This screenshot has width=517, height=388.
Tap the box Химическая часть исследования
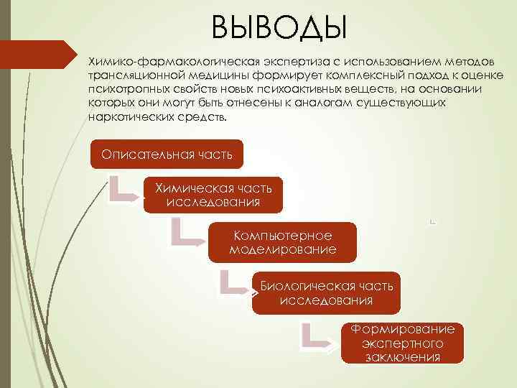pyautogui.click(x=213, y=195)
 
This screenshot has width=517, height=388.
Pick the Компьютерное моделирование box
pyautogui.click(x=282, y=243)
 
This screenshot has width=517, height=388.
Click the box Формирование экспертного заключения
pyautogui.click(x=402, y=343)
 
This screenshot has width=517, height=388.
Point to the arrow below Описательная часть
pyautogui.click(x=123, y=188)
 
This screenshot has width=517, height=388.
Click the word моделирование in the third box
pyautogui.click(x=282, y=249)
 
